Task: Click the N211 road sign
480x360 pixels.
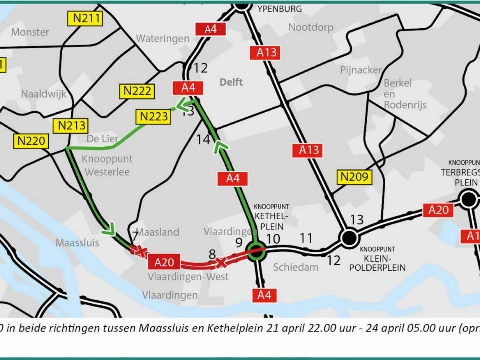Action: [87, 18]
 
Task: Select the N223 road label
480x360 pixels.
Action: [153, 117]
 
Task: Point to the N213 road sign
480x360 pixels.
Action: [72, 125]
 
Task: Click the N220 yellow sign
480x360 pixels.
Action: [31, 142]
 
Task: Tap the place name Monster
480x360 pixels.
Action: [29, 32]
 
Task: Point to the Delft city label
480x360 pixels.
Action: [231, 83]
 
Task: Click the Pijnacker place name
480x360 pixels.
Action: [360, 70]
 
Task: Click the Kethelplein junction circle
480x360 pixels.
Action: [257, 253]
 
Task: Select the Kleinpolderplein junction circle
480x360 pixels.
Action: [348, 238]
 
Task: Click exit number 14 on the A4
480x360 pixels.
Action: [203, 140]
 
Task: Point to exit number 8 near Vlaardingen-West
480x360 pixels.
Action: [211, 255]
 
